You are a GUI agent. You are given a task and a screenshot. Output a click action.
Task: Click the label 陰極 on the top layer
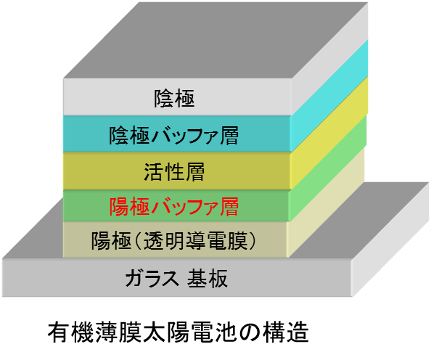(x=174, y=98)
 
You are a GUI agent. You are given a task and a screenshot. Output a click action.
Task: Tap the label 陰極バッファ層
(x=173, y=135)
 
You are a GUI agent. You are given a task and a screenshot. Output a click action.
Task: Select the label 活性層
(x=174, y=172)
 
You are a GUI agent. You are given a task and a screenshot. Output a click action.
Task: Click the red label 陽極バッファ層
(x=173, y=206)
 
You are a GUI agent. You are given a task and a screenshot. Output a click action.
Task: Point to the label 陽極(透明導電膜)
(x=173, y=241)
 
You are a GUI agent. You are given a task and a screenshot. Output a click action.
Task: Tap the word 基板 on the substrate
(x=208, y=278)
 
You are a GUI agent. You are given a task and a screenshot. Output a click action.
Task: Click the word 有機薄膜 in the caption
(x=95, y=332)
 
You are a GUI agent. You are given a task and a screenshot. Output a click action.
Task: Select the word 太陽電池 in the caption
(x=190, y=332)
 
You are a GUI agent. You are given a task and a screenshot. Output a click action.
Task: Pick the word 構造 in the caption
(x=286, y=332)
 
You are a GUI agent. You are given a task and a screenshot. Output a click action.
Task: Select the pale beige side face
(x=326, y=202)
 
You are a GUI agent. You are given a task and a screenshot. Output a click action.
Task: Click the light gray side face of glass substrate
(x=390, y=240)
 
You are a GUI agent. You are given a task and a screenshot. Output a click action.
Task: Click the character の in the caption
(x=250, y=332)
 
